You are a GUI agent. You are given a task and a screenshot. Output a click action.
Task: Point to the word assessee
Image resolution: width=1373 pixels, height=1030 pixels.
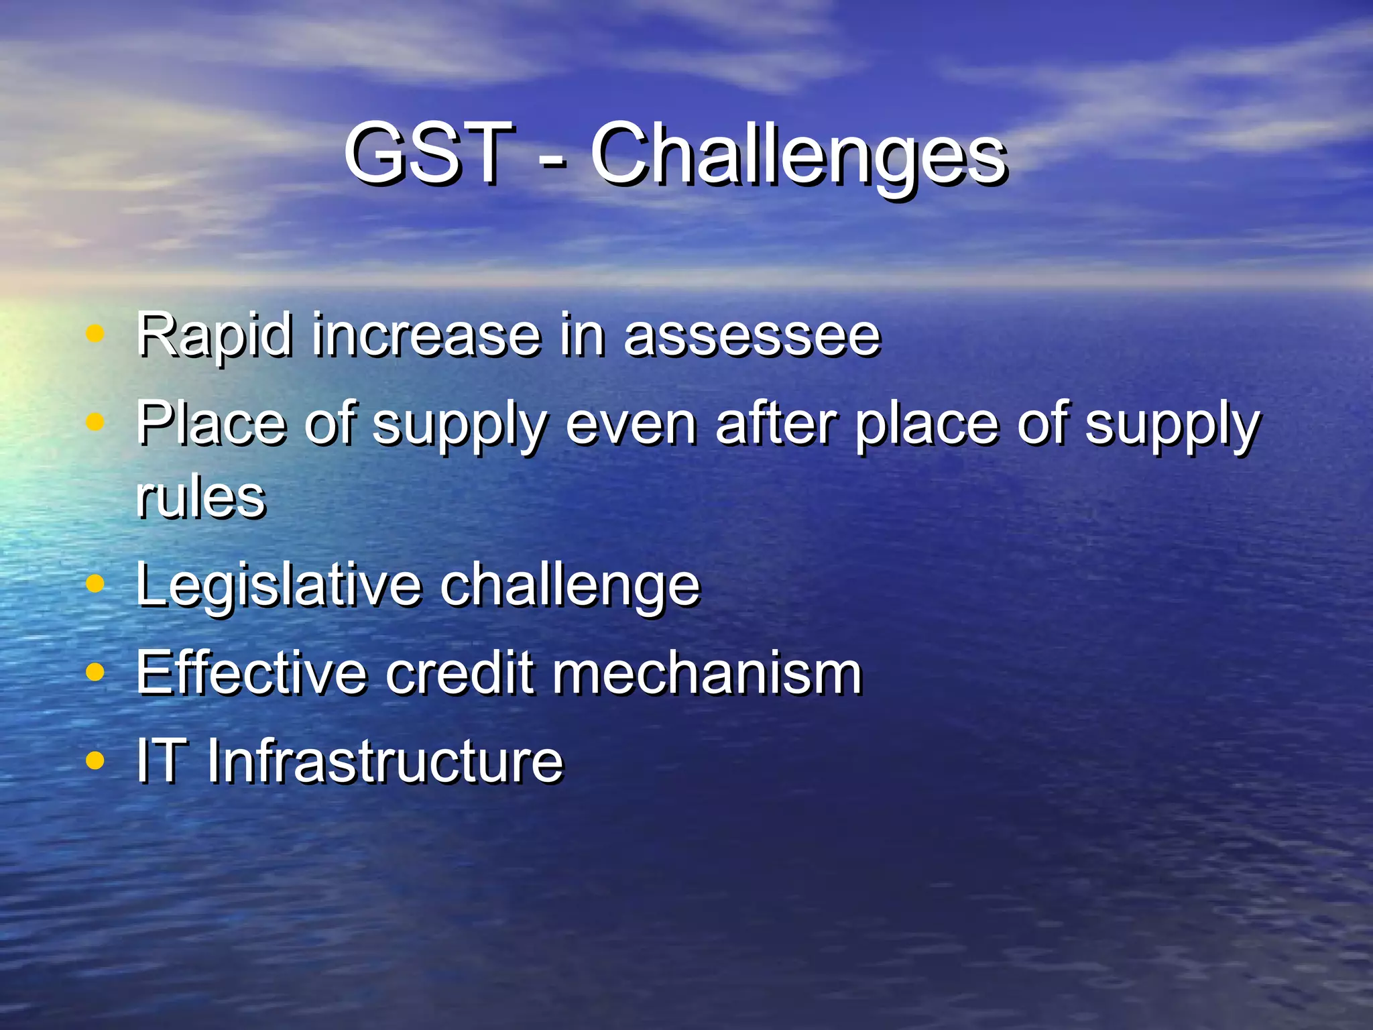click(x=752, y=335)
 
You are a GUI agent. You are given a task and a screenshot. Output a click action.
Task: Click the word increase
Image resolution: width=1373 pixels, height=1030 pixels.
click(x=426, y=335)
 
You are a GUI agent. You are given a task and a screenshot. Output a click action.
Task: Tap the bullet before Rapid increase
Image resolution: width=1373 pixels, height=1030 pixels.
click(x=96, y=333)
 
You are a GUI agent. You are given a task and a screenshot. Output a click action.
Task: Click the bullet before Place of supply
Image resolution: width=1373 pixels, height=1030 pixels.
click(x=96, y=422)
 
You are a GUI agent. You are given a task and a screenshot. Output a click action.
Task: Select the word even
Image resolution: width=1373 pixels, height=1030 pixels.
click(x=631, y=424)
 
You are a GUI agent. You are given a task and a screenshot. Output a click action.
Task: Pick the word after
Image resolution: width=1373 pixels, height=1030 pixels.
click(x=776, y=424)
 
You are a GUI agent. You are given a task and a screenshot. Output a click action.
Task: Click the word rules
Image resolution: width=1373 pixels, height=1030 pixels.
click(x=200, y=498)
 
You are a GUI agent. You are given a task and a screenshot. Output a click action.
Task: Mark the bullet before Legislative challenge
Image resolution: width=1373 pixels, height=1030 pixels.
click(x=96, y=583)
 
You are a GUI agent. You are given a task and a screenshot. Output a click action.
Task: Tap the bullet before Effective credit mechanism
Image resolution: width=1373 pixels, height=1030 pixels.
click(x=96, y=672)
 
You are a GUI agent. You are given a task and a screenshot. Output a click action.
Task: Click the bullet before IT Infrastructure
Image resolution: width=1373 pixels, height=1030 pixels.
click(x=96, y=760)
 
